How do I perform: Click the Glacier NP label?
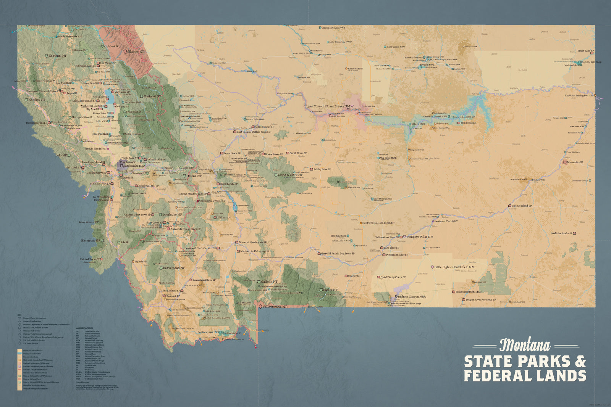[x=136, y=51]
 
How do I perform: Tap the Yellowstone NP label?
[x=275, y=307]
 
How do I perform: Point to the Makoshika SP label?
[x=575, y=162]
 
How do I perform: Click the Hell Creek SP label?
[x=468, y=123]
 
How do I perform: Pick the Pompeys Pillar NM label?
[x=420, y=237]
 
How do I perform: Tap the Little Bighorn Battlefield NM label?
[x=454, y=267]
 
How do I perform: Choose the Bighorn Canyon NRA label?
[x=412, y=296]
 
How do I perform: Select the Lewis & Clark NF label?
[x=290, y=175]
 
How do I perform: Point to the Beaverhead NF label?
[x=174, y=268]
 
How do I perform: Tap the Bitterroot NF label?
[x=91, y=241]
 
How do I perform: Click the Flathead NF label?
[x=152, y=97]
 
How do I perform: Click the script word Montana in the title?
[x=525, y=346]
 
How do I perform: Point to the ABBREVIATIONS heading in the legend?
[x=84, y=328]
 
